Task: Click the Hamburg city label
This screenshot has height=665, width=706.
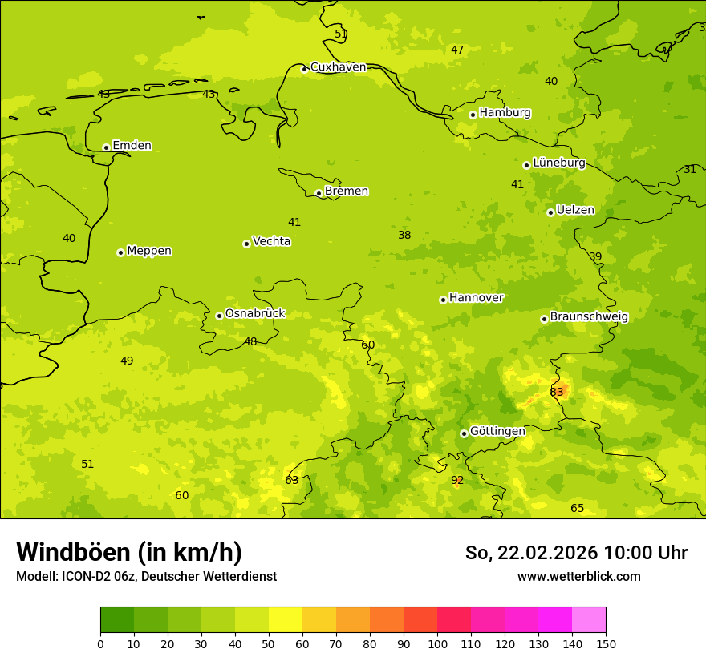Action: [505, 113]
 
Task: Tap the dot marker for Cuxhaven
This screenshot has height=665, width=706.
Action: [304, 69]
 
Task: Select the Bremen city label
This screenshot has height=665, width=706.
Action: [346, 191]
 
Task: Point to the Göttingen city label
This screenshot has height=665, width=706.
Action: [497, 431]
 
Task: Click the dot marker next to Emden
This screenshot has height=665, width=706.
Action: [106, 147]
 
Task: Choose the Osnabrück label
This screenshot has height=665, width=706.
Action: [254, 313]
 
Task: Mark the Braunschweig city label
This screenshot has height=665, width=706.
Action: [589, 316]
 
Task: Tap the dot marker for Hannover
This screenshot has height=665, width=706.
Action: [443, 300]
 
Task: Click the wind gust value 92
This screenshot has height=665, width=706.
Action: [457, 481]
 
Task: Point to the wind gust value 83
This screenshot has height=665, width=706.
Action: [557, 392]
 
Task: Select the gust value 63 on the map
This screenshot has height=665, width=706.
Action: [292, 481]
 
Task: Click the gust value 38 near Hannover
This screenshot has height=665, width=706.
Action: [404, 236]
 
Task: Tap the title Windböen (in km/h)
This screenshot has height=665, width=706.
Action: [129, 552]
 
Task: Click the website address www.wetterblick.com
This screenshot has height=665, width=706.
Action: [578, 577]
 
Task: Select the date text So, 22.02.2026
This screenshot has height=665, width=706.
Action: [532, 553]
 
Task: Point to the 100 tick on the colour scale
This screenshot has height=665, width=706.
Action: [437, 643]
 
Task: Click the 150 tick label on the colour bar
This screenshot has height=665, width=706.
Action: [606, 643]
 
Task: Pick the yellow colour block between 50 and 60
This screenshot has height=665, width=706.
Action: [286, 620]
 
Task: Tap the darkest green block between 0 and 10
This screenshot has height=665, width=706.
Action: [117, 620]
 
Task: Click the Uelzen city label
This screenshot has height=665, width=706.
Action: [575, 210]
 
